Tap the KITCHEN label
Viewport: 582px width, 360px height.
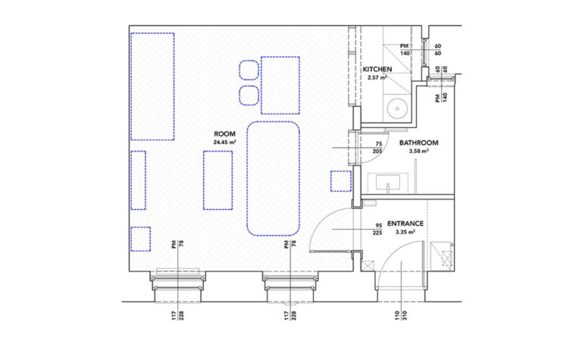[x=377, y=70]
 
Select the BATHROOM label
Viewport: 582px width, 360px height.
[x=420, y=142]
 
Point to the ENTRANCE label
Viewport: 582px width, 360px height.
[x=405, y=224]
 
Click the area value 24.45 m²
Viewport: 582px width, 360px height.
[x=226, y=142]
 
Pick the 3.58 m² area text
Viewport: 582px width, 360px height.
[x=419, y=151]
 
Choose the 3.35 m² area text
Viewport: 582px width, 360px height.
[x=405, y=233]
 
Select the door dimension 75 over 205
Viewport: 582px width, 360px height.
[x=378, y=147]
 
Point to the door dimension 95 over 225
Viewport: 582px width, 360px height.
[x=378, y=229]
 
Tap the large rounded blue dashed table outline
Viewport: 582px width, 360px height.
[x=274, y=178]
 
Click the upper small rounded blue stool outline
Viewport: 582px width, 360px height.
[x=248, y=70]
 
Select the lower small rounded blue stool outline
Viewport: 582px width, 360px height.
[x=248, y=95]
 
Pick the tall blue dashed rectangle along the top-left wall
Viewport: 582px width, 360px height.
[x=152, y=85]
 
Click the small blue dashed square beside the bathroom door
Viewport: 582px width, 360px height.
[x=341, y=182]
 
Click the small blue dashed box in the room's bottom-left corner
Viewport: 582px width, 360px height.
[x=140, y=239]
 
